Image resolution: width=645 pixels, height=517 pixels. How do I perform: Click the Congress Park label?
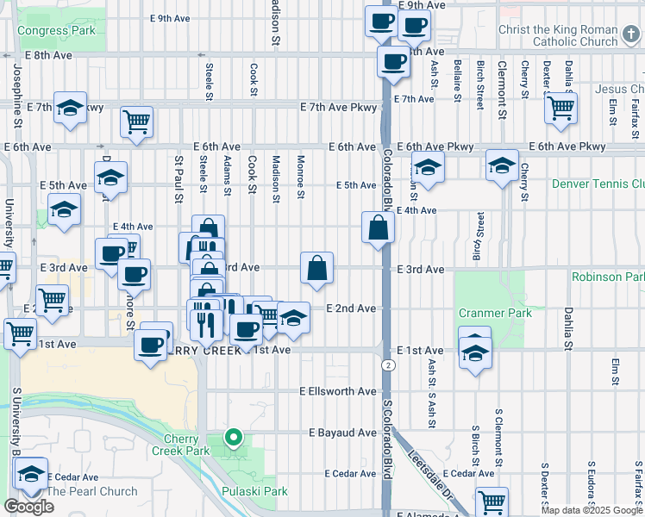(56, 30)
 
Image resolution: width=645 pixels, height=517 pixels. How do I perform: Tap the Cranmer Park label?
(495, 313)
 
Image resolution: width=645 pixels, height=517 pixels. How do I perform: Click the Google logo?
(28, 507)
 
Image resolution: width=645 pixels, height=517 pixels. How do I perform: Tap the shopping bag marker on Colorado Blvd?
(379, 229)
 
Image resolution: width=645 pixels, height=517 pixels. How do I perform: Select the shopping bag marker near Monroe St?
(317, 268)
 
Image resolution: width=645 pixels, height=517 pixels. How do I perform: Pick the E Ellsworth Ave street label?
(338, 391)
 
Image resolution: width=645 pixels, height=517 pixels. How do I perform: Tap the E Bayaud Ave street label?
(341, 432)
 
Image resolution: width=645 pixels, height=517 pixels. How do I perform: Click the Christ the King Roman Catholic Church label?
(558, 35)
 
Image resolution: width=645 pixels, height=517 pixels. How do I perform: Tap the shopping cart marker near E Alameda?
(492, 501)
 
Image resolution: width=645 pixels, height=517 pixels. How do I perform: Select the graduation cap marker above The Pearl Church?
(31, 475)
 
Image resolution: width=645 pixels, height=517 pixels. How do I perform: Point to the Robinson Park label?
(607, 277)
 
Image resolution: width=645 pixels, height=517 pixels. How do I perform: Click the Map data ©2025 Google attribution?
(592, 510)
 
